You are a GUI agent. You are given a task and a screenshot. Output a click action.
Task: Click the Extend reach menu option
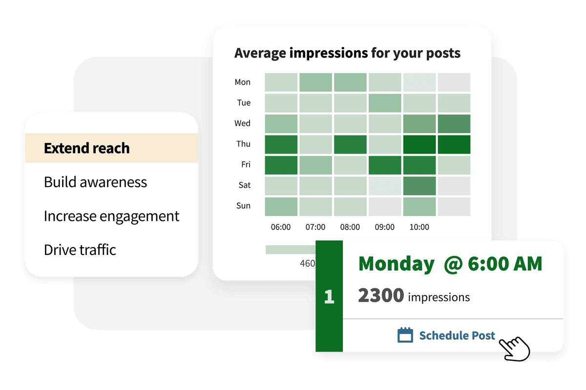[x=87, y=148]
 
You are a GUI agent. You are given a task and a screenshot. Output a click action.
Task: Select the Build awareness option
[x=95, y=182]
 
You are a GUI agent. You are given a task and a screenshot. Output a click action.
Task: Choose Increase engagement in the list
[x=111, y=216]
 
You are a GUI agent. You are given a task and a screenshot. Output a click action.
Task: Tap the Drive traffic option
[x=80, y=250]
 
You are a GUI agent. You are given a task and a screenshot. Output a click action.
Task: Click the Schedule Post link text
[x=457, y=335]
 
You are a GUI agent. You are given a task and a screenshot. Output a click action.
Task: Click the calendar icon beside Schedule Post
[x=405, y=335]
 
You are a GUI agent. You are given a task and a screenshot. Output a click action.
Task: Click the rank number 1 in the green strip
[x=329, y=297]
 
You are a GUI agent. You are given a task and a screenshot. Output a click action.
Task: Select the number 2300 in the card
[x=381, y=295]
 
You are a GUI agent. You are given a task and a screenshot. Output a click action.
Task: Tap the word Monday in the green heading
[x=396, y=264]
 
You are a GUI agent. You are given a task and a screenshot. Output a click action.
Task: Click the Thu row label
[x=243, y=144]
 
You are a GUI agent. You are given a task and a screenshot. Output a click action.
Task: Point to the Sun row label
[x=243, y=206]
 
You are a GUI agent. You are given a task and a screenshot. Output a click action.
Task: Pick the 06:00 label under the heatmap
[x=280, y=227]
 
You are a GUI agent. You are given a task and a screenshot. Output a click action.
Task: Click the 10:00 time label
[x=419, y=227]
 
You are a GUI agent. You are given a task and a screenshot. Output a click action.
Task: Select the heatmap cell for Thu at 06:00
[x=281, y=144]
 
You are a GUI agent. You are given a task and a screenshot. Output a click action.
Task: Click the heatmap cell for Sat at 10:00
[x=419, y=186]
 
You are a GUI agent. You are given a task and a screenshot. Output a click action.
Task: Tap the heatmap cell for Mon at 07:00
[x=315, y=82]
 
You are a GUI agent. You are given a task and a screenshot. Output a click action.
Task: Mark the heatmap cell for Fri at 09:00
[x=384, y=165]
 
